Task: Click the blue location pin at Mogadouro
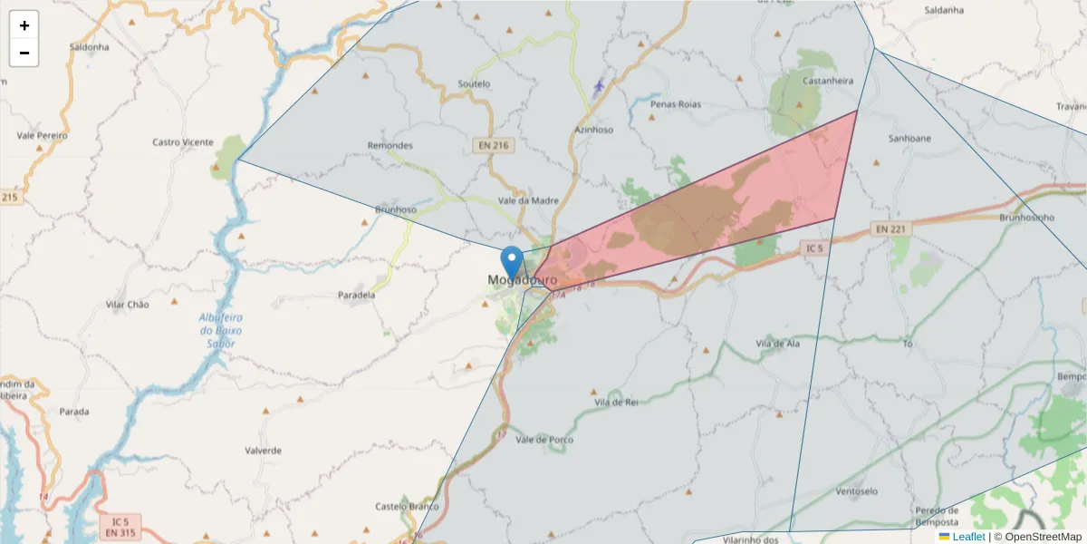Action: point(512,263)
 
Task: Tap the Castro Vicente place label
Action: point(183,142)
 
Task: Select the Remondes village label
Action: point(390,146)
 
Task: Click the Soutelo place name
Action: point(475,84)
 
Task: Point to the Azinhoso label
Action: point(594,130)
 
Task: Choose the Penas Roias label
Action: point(676,105)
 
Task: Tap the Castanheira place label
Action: point(828,81)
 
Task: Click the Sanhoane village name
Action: point(909,139)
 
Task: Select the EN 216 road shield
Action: point(492,145)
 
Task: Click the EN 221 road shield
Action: point(893,229)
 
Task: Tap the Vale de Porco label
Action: point(544,440)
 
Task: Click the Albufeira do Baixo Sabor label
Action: point(217,330)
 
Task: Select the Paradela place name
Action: point(356,296)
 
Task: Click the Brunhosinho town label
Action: point(1026,218)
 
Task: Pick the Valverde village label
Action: point(264,451)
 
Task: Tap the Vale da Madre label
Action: point(529,201)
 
